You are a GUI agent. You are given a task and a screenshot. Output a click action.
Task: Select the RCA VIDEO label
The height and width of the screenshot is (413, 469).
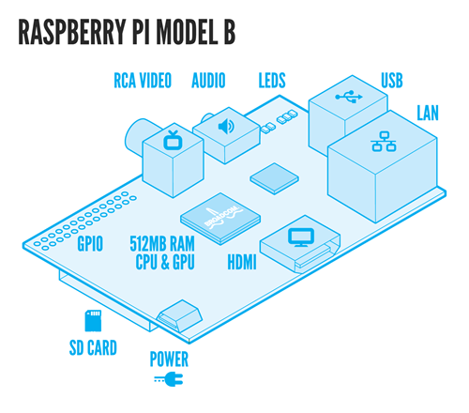(143, 81)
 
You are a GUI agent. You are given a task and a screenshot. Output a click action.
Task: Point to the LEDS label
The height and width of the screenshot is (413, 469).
(272, 81)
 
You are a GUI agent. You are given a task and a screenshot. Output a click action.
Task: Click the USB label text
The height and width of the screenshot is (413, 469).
(393, 81)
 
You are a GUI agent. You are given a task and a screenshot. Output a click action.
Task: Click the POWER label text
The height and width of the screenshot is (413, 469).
(169, 359)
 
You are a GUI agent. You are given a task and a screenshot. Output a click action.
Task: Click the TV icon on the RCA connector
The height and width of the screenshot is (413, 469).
(172, 142)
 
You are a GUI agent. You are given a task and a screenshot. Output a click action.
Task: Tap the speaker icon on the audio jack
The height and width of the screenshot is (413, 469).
(225, 125)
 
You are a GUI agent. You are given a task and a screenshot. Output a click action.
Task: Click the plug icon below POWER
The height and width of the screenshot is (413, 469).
(168, 380)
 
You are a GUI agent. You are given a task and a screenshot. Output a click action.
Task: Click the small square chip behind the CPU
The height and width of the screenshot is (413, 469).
(271, 175)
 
